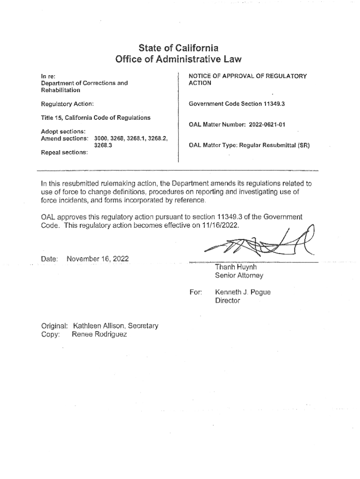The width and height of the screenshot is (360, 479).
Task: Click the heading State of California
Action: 179,48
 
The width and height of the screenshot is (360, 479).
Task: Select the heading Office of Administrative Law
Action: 179,59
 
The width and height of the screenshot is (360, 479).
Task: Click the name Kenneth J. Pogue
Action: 243,292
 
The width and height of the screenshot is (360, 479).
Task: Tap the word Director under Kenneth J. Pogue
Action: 227,301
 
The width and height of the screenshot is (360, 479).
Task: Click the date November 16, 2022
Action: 98,259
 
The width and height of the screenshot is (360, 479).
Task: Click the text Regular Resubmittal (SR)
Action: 274,145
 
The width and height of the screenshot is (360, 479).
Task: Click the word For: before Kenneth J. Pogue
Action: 195,292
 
